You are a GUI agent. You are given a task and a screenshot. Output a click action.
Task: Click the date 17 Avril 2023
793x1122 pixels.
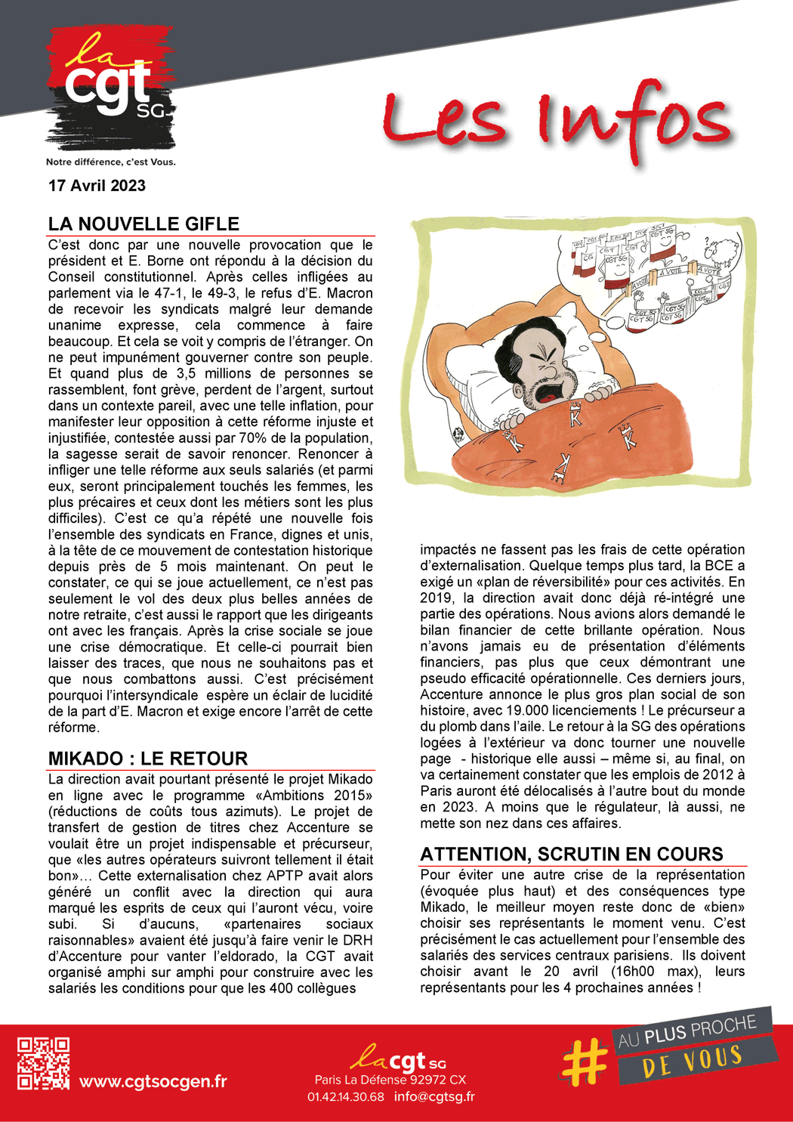coord(97,186)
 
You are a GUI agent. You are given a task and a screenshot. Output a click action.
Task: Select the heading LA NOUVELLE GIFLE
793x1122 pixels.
coord(143,224)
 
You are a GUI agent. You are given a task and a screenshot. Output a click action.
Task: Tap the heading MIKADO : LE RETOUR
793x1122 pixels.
coord(147,759)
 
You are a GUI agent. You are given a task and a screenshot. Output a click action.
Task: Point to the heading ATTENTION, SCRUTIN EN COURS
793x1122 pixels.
coord(572,854)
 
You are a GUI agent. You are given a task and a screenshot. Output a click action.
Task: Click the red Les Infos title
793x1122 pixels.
coord(557,121)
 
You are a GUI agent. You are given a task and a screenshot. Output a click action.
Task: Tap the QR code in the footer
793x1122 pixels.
coord(44,1063)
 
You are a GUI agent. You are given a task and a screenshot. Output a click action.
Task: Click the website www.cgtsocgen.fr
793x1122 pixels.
coord(153,1081)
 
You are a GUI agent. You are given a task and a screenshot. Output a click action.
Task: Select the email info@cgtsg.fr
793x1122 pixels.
coord(434,1096)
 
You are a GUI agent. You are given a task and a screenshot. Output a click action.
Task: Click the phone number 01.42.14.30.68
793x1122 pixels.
coord(345,1096)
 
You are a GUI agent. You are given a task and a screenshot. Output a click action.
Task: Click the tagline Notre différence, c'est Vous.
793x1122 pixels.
coord(110,162)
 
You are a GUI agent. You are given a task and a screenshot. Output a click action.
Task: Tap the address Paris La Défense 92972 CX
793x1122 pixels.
coord(390,1080)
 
